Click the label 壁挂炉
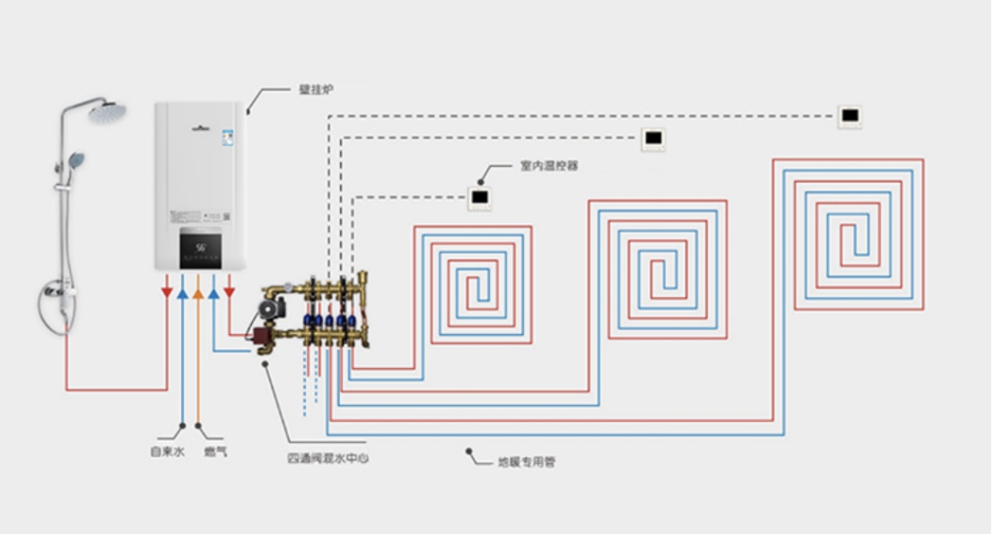point(316,91)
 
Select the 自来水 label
point(167,452)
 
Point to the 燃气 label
point(215,452)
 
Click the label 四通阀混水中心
point(328,459)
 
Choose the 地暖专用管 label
point(527,462)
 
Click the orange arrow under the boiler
point(198,294)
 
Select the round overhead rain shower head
point(107,113)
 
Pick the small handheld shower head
point(76,161)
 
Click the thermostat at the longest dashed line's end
point(849,116)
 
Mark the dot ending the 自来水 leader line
point(183,425)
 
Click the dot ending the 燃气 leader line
point(198,425)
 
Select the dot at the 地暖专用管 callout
point(468,452)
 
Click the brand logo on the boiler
point(200,127)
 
